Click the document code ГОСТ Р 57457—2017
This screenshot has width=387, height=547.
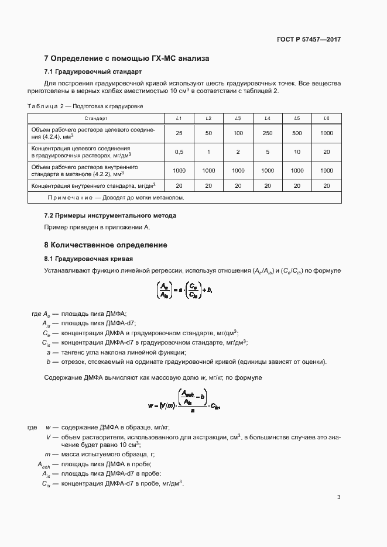(x=308, y=39)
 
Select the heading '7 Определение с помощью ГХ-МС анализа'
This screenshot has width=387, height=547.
(x=126, y=59)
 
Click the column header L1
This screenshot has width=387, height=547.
(x=179, y=119)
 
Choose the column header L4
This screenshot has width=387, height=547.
(x=267, y=119)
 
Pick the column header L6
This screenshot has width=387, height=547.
(x=326, y=119)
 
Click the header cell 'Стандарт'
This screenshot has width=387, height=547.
(x=96, y=119)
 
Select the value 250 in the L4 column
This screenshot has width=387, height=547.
(x=267, y=133)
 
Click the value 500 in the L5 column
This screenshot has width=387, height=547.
(x=297, y=133)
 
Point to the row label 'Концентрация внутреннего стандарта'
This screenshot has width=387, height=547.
(x=96, y=185)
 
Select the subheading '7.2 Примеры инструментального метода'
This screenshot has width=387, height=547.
(x=110, y=215)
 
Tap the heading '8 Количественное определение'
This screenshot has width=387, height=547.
(x=106, y=245)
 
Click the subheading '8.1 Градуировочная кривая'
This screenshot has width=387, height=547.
(x=88, y=259)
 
